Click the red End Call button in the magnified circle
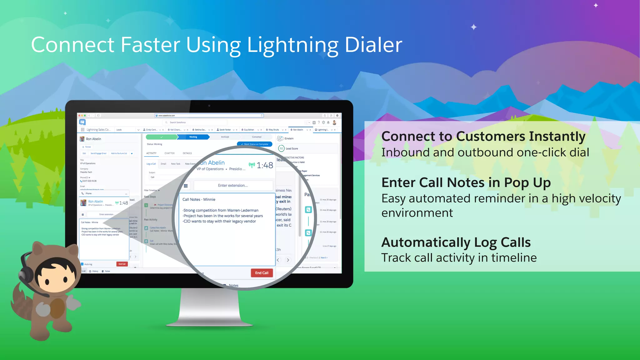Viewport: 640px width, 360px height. (x=262, y=273)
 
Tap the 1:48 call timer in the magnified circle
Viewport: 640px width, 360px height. (x=265, y=165)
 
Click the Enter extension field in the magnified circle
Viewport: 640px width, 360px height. (x=233, y=185)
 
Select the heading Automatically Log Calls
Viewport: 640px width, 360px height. (x=456, y=242)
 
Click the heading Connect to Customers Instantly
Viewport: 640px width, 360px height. (x=483, y=137)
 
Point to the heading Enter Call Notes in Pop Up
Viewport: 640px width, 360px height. (x=466, y=183)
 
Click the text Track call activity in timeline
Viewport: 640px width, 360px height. (x=459, y=258)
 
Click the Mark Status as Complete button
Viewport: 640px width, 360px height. (x=255, y=144)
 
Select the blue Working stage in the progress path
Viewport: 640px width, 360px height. (x=193, y=137)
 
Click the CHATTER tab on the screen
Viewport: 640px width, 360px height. (x=169, y=153)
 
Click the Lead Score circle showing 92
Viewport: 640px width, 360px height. (x=281, y=148)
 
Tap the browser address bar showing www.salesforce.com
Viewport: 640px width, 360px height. (x=209, y=115)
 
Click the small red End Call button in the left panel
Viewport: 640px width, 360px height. (x=122, y=264)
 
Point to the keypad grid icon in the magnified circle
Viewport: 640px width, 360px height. (x=186, y=186)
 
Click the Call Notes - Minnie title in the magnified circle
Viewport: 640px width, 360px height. (x=199, y=199)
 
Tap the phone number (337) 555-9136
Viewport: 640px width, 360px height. (x=89, y=181)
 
